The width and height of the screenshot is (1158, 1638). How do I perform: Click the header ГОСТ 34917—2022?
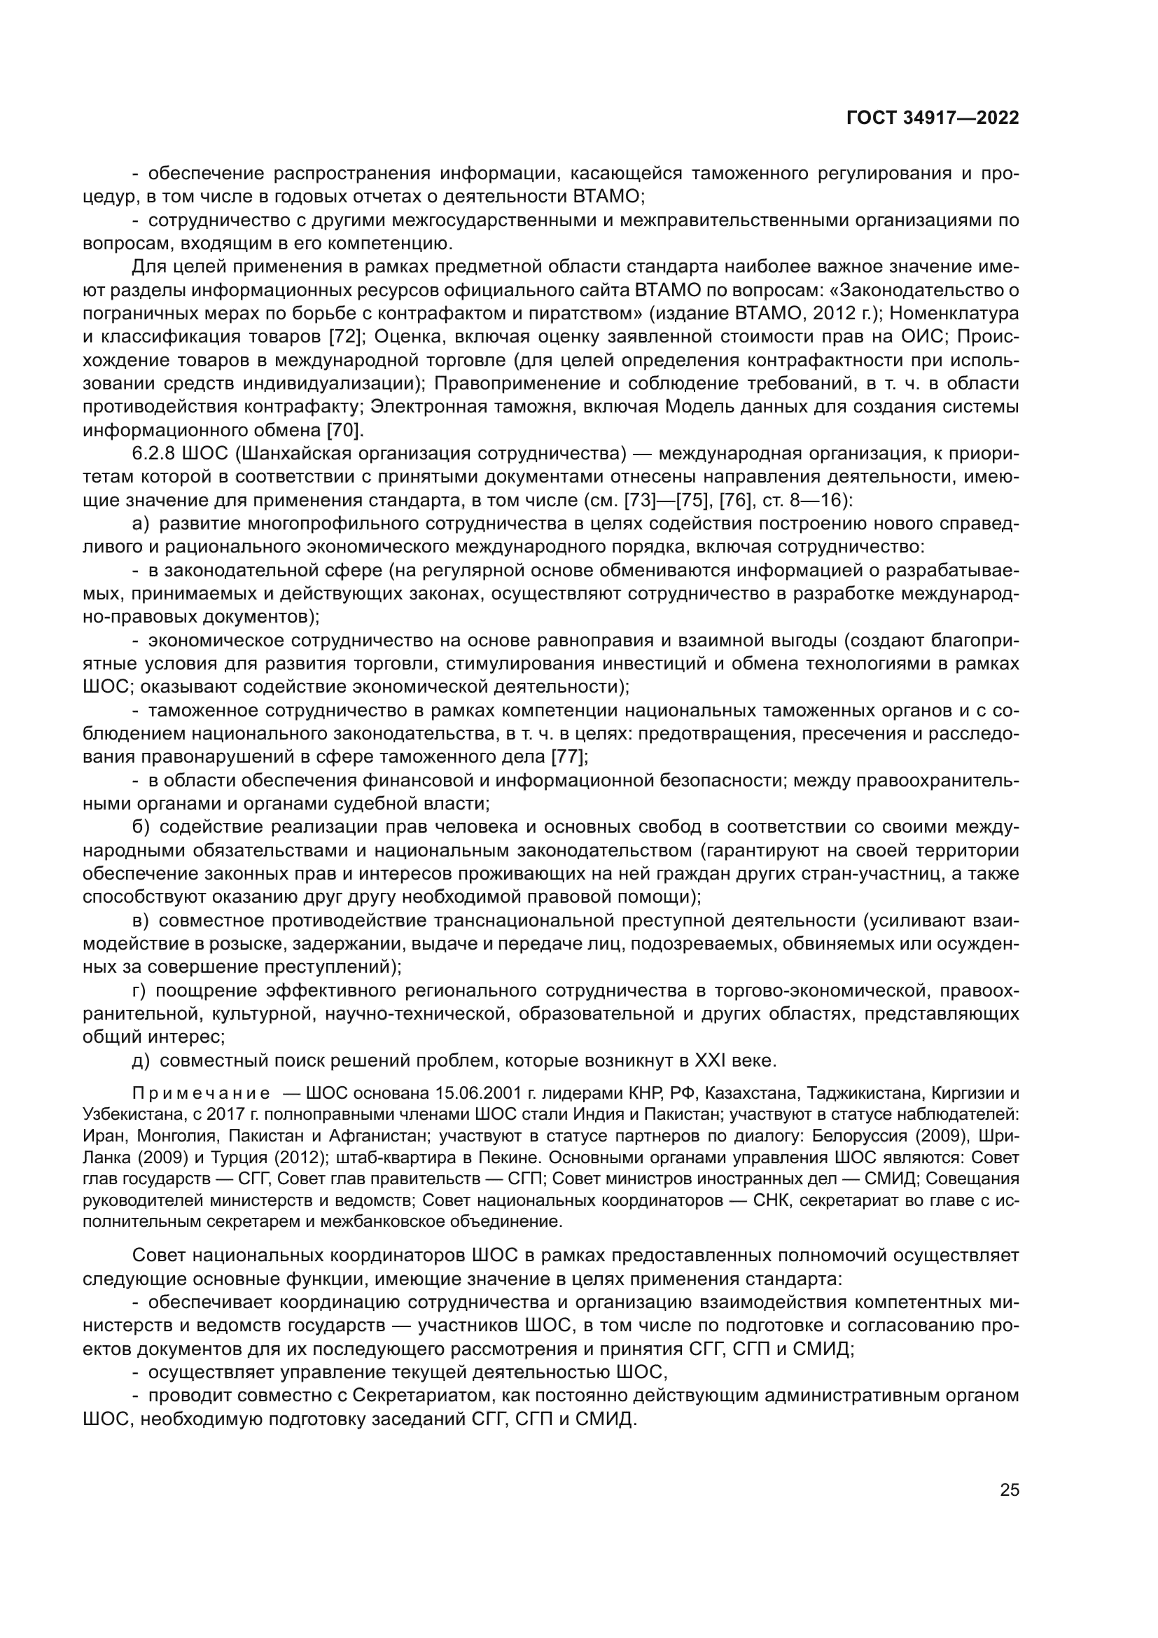(932, 118)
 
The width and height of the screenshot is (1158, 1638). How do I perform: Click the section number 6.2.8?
(154, 454)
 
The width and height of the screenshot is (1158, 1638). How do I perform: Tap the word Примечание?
(201, 1095)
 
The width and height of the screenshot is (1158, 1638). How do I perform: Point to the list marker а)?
(141, 525)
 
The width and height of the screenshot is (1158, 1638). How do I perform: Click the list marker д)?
(141, 1061)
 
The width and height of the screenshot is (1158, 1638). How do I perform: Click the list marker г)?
(139, 991)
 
